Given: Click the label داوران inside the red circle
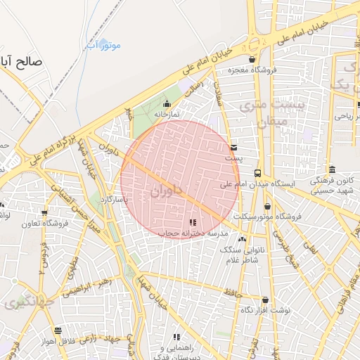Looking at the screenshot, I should (166, 190).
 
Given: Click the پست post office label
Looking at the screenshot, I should (233, 158).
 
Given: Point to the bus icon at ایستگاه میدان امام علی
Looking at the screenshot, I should (258, 173).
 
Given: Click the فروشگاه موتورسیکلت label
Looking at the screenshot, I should (268, 217).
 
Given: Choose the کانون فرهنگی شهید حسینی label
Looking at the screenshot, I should (331, 184).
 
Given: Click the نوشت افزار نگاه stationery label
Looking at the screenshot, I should (265, 310).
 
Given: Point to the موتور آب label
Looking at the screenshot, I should (104, 46).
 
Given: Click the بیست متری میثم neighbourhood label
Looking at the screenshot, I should (262, 112).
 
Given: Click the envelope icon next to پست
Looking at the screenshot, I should (233, 148).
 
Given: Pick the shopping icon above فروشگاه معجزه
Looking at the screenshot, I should (252, 60).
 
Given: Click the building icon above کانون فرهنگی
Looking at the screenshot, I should (331, 169).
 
